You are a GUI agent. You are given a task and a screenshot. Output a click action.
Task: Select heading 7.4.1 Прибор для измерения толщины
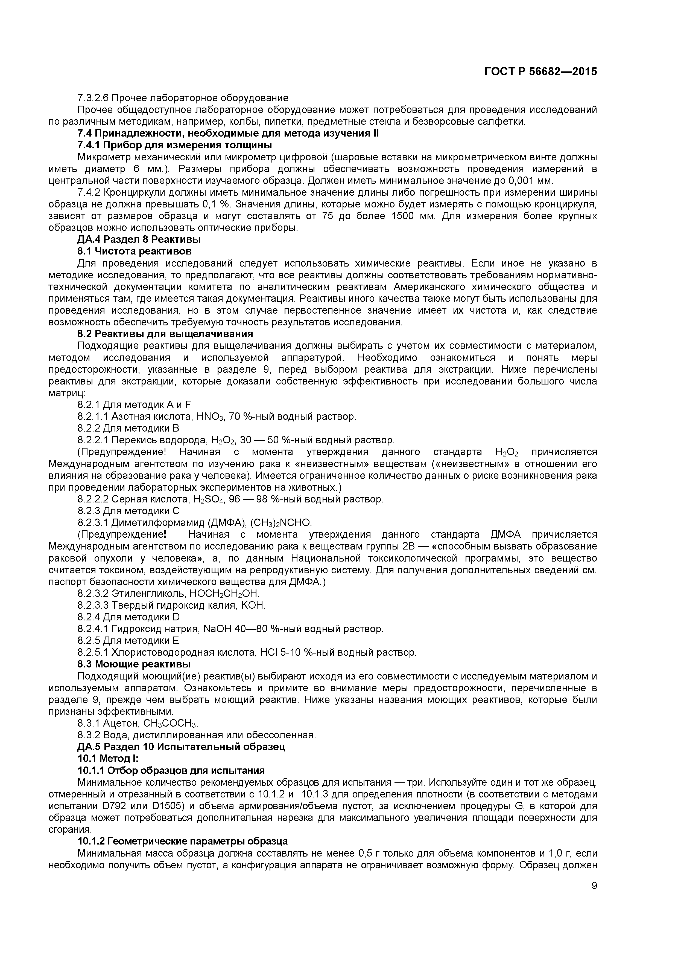pos(175,145)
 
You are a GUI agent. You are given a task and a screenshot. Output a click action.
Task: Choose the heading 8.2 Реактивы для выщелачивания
pos(165,334)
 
